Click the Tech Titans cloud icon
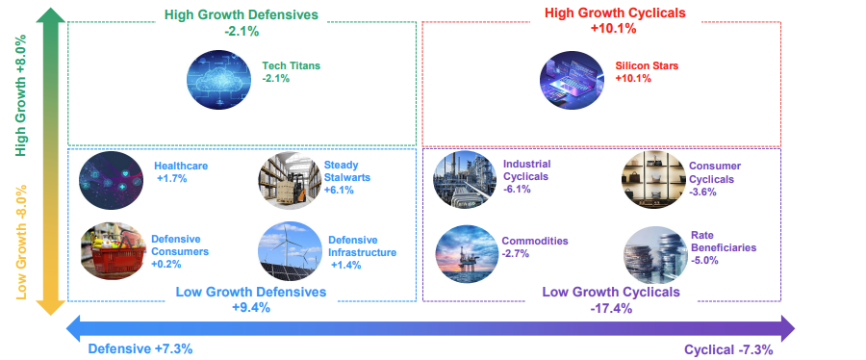tap(219, 78)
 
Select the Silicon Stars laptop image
tap(573, 78)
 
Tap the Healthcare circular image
tap(111, 180)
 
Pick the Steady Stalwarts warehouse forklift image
tap(291, 180)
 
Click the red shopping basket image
tap(113, 251)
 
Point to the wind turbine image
tap(291, 251)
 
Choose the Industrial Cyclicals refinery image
tap(466, 179)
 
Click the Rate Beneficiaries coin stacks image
tap(655, 254)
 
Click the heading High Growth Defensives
tap(242, 14)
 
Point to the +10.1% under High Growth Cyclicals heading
tap(613, 29)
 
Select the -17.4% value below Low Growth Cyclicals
tap(611, 309)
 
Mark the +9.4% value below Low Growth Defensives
tap(251, 308)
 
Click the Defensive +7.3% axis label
tap(140, 349)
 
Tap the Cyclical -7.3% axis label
tap(728, 349)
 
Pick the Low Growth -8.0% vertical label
tap(21, 243)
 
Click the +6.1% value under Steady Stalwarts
tap(339, 191)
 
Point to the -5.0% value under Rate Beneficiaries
tap(704, 260)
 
